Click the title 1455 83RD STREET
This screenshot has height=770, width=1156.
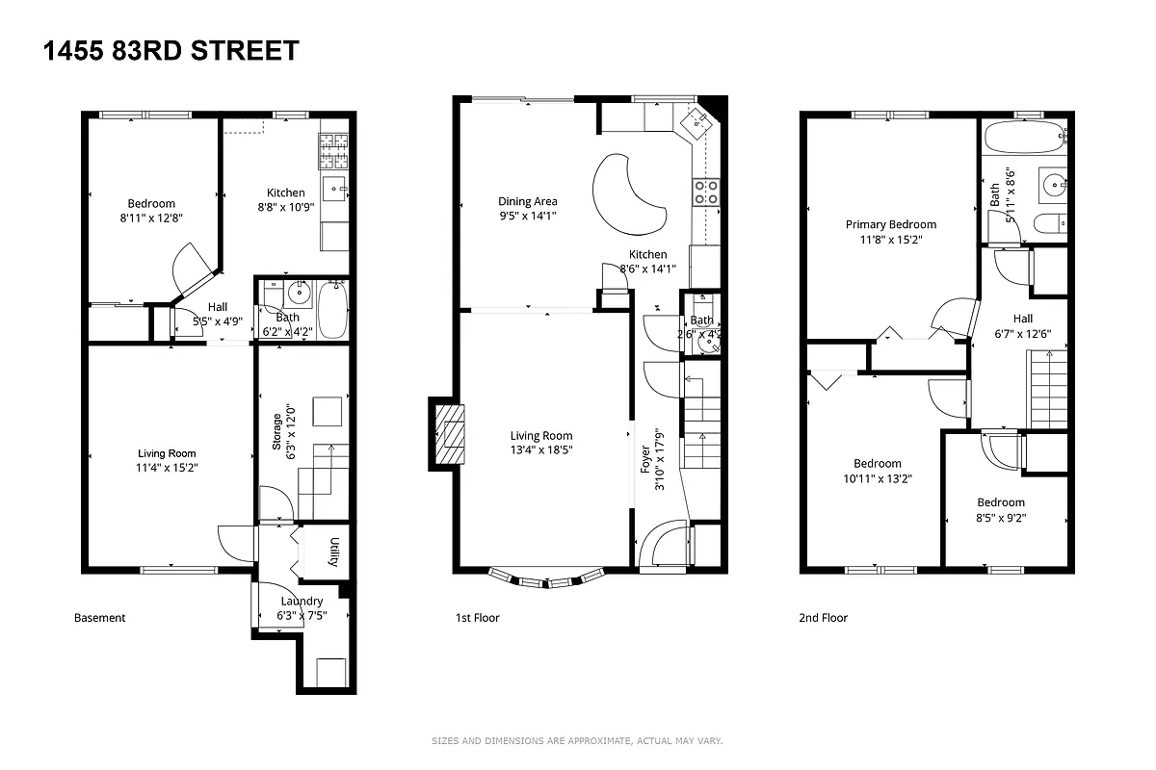pos(171,51)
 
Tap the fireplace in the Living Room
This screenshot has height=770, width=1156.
pos(449,434)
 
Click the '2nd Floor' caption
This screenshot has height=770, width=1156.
pos(823,618)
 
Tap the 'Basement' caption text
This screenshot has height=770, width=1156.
pos(100,618)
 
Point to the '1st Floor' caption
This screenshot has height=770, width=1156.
pos(477,618)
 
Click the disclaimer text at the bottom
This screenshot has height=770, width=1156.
pos(576,741)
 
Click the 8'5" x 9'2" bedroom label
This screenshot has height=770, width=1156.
pos(1001,509)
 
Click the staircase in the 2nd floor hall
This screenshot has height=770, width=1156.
pos(1048,390)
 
